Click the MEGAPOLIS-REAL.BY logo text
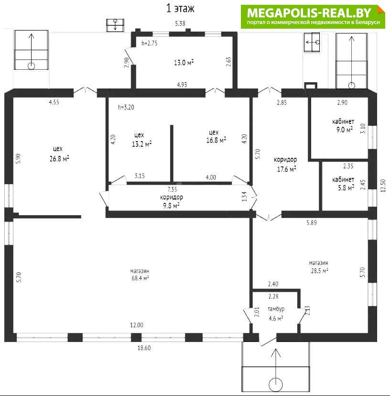pos(309,12)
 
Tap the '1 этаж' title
pos(180,8)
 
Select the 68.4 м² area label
pos(140,278)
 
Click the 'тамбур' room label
pos(276,309)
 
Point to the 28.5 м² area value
pos(320,271)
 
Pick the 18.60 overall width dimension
pos(144,348)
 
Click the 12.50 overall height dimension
pos(383,186)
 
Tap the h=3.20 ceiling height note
pos(126,107)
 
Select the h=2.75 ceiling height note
pos(150,43)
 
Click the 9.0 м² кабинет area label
pos(345,130)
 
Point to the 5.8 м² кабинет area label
pos(346,187)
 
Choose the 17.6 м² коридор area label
pos(286,169)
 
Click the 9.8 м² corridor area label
pos(171,205)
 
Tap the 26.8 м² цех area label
pos(59,159)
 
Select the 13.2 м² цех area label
pos(141,144)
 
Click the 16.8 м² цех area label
pos(216,140)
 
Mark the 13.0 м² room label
pos(184,62)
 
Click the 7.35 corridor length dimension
pos(172,189)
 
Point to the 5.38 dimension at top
pos(180,23)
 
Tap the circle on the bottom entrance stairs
pos(276,385)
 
